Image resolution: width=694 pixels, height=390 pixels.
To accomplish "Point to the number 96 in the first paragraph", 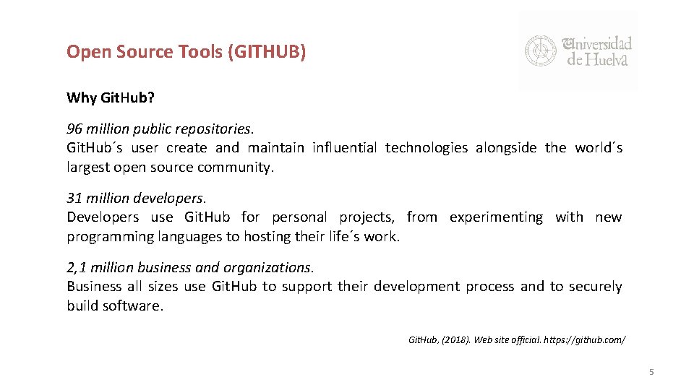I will pyautogui.click(x=74, y=129).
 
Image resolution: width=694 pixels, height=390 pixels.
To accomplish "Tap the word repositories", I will pyautogui.click(x=218, y=129).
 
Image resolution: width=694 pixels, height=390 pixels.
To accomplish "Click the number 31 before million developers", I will pyautogui.click(x=74, y=198).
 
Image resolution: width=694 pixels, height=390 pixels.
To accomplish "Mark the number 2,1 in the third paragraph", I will pyautogui.click(x=77, y=267).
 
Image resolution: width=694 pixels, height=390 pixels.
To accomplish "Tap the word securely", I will pyautogui.click(x=595, y=287).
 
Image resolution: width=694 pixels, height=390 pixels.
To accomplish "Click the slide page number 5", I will pyautogui.click(x=651, y=372).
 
